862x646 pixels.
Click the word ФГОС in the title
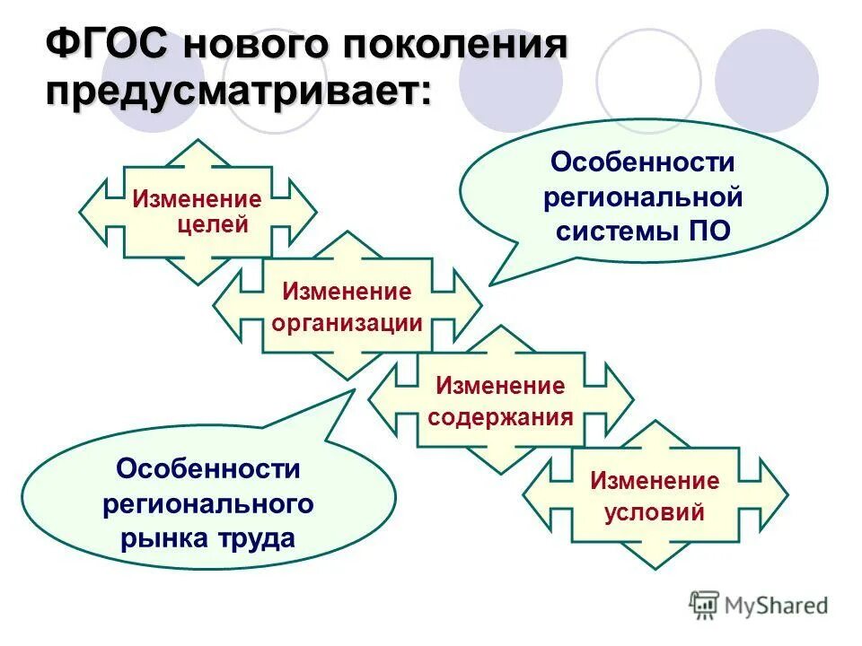coord(108,46)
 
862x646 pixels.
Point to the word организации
coord(346,323)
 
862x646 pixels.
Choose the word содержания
coord(500,417)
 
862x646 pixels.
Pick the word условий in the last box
coord(654,513)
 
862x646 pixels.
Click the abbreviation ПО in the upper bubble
coord(708,231)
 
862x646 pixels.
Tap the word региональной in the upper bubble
coord(642,196)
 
